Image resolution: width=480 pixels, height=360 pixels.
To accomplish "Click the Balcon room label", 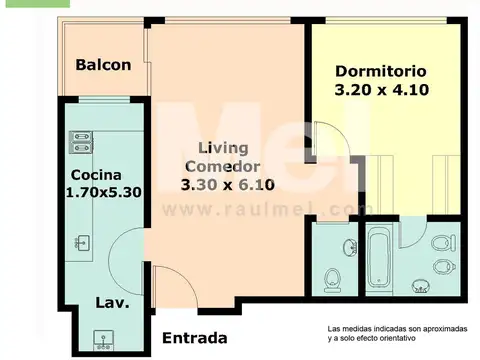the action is pos(103,65).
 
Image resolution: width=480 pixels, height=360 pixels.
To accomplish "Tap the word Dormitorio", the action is pos(381,71).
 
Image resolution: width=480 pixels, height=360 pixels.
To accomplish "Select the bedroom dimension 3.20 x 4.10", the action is pos(382,90).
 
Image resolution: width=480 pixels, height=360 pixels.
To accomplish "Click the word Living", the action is pos(223,149).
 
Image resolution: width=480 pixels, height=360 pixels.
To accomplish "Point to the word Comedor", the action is pos(223,167).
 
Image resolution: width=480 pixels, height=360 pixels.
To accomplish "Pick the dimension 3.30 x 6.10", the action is pos(228,185).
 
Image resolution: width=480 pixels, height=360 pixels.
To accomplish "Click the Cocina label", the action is pos(96,175).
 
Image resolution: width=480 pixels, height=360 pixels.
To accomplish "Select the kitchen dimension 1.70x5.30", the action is pos(104,192).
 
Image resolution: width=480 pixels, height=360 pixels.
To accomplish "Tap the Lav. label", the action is pos(112,303).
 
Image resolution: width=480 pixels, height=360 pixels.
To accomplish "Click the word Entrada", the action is pos(195,338).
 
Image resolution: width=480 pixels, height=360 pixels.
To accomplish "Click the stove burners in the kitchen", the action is pos(81,142).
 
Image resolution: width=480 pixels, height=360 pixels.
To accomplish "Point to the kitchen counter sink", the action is pos(82,243).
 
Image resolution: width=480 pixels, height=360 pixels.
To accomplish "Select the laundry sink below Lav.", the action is pos(103,340).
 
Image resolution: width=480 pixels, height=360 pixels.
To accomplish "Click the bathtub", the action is pos(379,258).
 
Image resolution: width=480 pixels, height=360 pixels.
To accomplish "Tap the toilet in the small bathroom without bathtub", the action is pos(332,280).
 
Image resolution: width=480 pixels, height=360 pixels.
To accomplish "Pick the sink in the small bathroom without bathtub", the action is pos(350,247).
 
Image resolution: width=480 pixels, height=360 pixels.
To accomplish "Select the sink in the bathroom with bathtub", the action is pos(420,286).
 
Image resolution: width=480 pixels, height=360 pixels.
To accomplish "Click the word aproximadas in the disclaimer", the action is pos(445,329).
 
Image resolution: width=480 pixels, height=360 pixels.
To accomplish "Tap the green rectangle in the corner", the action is pos(38,4).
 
